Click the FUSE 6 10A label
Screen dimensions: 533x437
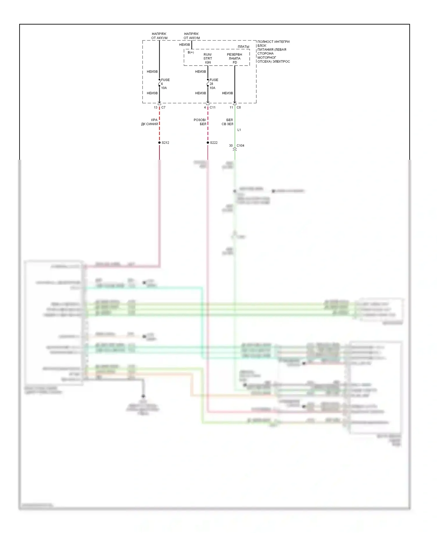(x=165, y=84)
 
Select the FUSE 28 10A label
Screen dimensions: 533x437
(x=213, y=84)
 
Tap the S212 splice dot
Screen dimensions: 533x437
(x=159, y=143)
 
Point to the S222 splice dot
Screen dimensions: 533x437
(x=208, y=143)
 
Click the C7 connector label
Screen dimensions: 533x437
(x=163, y=108)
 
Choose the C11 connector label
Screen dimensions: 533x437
(x=213, y=108)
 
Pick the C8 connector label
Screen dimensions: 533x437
(x=239, y=108)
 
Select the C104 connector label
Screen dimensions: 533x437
(x=240, y=145)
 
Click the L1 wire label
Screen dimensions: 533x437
(x=239, y=130)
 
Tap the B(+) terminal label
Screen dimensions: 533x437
(x=191, y=52)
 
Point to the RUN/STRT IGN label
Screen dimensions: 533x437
(x=208, y=58)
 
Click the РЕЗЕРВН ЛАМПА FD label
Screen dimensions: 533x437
(x=235, y=58)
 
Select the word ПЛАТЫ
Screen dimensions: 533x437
(x=243, y=47)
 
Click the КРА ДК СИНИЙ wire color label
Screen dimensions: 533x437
(x=150, y=122)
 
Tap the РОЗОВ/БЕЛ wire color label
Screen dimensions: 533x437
(x=200, y=122)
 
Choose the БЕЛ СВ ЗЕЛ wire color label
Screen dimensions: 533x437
(x=228, y=122)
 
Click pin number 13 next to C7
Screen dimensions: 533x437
(x=156, y=108)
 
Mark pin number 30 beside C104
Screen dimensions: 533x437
(x=231, y=145)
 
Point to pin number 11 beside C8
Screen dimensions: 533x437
(x=231, y=108)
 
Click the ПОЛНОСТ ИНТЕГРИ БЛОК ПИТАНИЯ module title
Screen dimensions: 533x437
(x=273, y=52)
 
